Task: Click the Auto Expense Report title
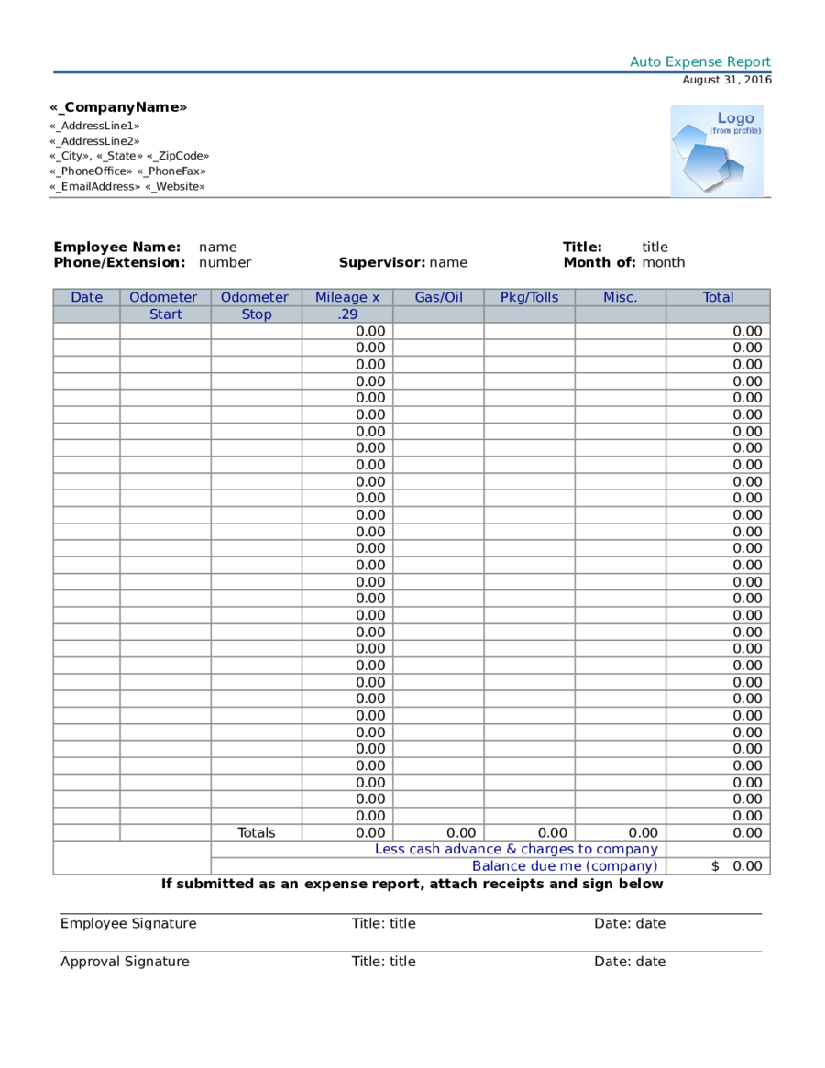pyautogui.click(x=700, y=62)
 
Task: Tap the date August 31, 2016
pyautogui.click(x=727, y=80)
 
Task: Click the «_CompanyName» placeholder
pyautogui.click(x=118, y=107)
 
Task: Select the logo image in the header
pyautogui.click(x=716, y=151)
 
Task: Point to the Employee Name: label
pyautogui.click(x=116, y=247)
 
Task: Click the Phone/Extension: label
pyautogui.click(x=119, y=262)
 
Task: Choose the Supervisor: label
pyautogui.click(x=381, y=262)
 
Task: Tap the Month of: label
pyautogui.click(x=599, y=262)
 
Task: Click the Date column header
pyautogui.click(x=86, y=297)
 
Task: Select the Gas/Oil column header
pyautogui.click(x=438, y=297)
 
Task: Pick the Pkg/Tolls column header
pyautogui.click(x=529, y=297)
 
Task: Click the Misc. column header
pyautogui.click(x=620, y=297)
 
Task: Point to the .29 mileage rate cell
pyautogui.click(x=347, y=314)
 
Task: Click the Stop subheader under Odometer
pyautogui.click(x=257, y=314)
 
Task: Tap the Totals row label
pyautogui.click(x=257, y=833)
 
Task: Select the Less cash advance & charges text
pyautogui.click(x=516, y=850)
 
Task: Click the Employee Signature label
pyautogui.click(x=128, y=923)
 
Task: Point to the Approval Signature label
pyautogui.click(x=125, y=962)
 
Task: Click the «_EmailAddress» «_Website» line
pyautogui.click(x=127, y=186)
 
